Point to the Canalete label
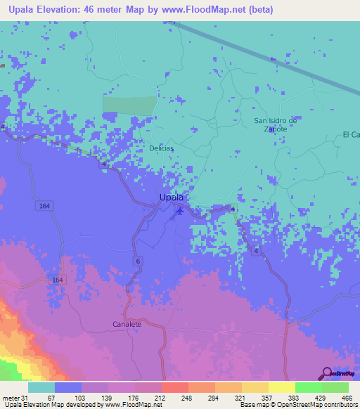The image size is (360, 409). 127,324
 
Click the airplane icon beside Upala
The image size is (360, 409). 180,211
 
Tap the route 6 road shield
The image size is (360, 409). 138,261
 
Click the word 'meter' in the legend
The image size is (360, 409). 11,397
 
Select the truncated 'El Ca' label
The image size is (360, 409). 350,134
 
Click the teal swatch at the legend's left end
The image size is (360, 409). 41,387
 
